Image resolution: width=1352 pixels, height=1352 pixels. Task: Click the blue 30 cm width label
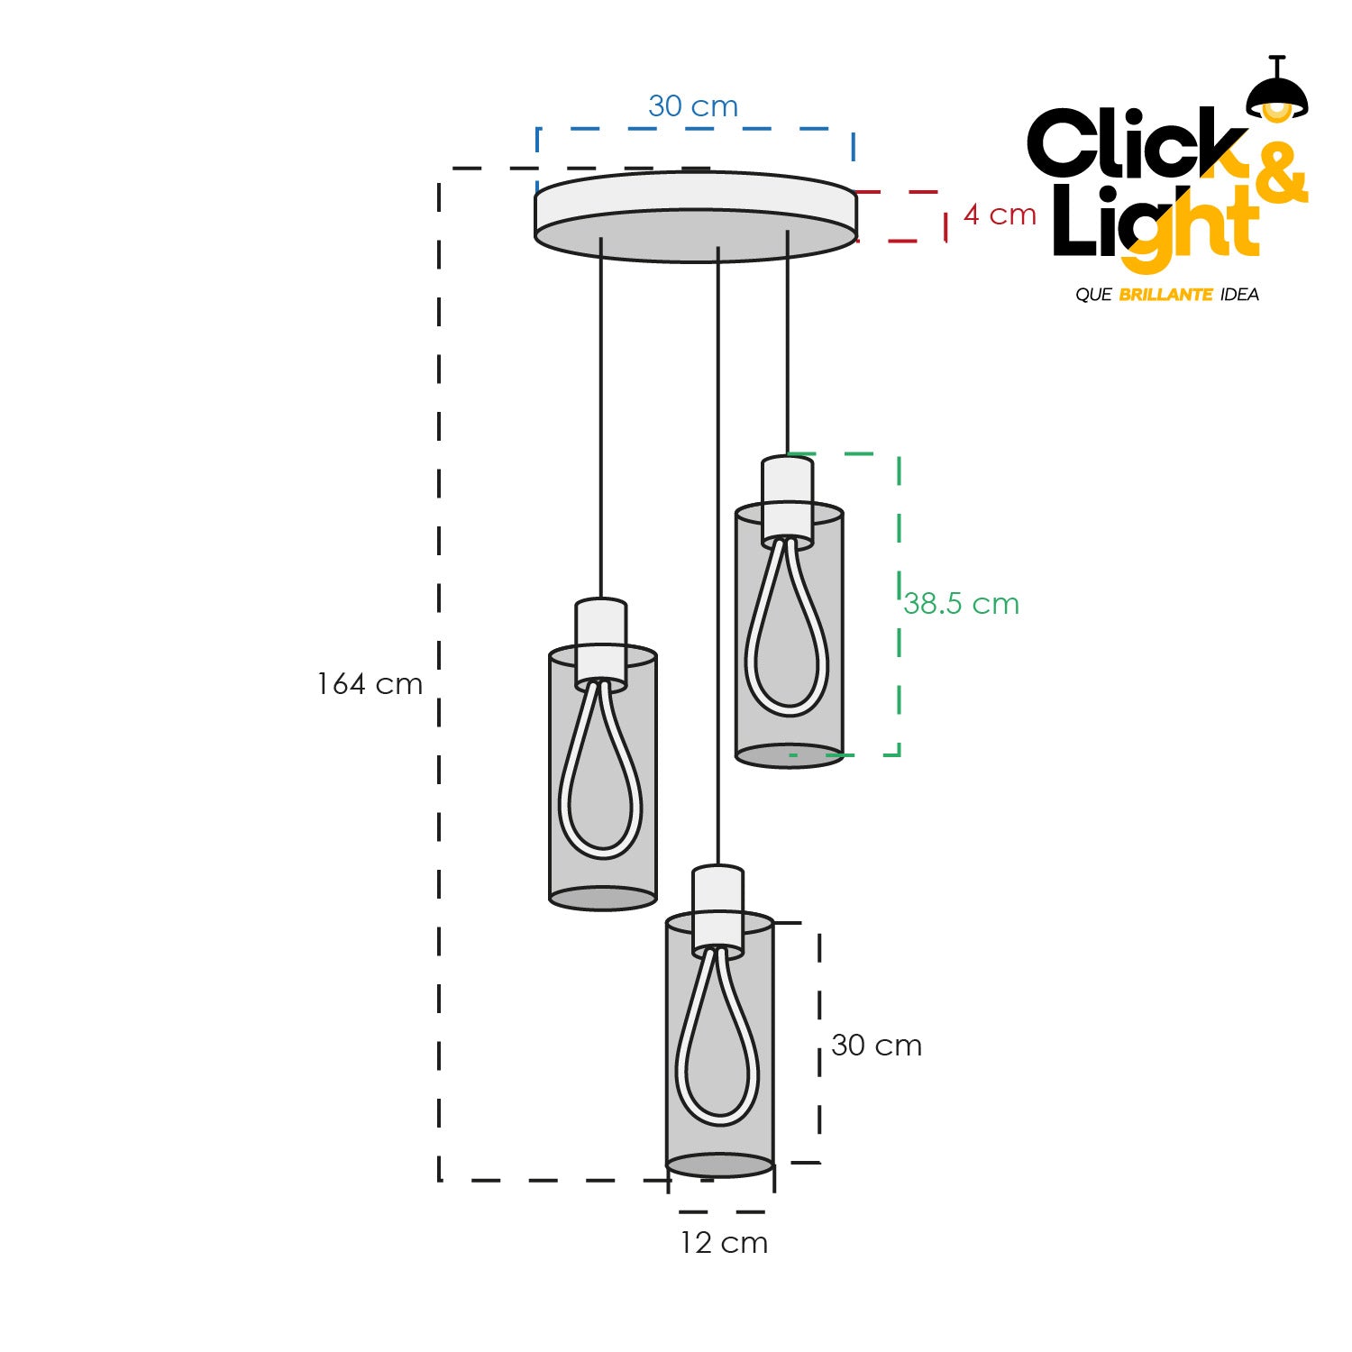pyautogui.click(x=693, y=106)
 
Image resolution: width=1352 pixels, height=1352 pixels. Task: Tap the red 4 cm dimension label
pyautogui.click(x=1000, y=215)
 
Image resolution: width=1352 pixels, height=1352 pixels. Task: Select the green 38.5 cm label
pyautogui.click(x=961, y=603)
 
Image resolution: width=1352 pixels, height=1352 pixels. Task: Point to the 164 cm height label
pyautogui.click(x=370, y=684)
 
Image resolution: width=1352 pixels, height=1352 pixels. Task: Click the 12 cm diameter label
pyautogui.click(x=724, y=1243)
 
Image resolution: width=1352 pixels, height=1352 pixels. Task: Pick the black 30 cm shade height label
pyautogui.click(x=876, y=1046)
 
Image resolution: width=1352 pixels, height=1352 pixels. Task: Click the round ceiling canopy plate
pyautogui.click(x=695, y=216)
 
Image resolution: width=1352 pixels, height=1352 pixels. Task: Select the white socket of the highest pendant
pyautogui.click(x=788, y=498)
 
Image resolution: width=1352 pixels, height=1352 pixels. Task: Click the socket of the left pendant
pyautogui.click(x=600, y=641)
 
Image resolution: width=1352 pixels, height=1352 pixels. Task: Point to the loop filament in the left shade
pyautogui.click(x=600, y=775)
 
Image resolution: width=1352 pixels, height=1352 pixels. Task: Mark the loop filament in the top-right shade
pyautogui.click(x=787, y=631)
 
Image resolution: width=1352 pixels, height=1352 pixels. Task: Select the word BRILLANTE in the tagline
pyautogui.click(x=1165, y=295)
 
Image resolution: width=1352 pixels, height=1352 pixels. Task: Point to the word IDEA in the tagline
pyautogui.click(x=1239, y=295)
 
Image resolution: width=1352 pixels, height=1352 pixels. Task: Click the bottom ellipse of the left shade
pyautogui.click(x=602, y=898)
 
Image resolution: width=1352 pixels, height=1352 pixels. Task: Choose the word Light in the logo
pyautogui.click(x=1154, y=225)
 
